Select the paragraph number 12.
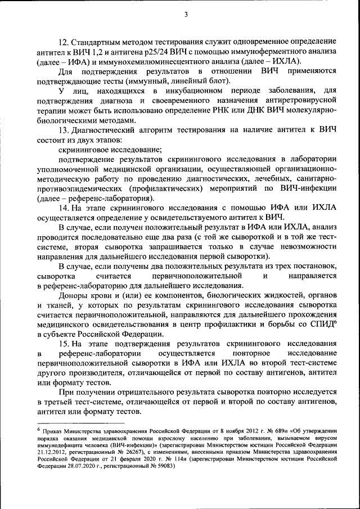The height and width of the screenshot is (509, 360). pyautogui.click(x=64, y=42)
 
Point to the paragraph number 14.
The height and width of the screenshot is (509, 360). pyautogui.click(x=64, y=208)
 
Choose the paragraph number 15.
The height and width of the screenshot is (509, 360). pyautogui.click(x=64, y=343)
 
